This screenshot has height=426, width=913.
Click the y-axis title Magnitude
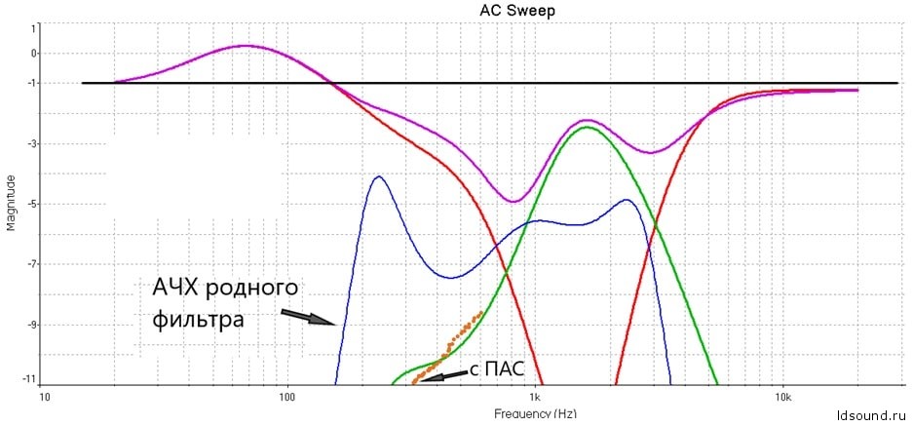[12, 202]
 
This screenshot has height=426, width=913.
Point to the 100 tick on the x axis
[286, 399]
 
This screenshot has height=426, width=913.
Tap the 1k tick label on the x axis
[534, 399]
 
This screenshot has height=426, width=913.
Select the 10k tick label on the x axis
[781, 399]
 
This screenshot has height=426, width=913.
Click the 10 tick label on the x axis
[44, 399]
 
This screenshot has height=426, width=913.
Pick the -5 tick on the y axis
[32, 204]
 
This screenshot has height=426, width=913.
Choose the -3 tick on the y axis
[32, 144]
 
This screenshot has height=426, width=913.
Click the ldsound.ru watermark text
[871, 414]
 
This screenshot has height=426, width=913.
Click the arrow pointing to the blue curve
[308, 317]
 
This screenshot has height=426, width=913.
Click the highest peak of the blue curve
[378, 176]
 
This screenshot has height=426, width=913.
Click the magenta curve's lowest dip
[514, 202]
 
